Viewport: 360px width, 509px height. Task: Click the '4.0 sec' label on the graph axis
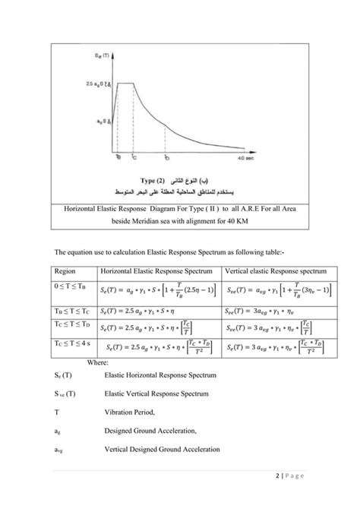click(x=245, y=158)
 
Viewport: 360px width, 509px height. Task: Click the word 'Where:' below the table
click(x=98, y=363)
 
